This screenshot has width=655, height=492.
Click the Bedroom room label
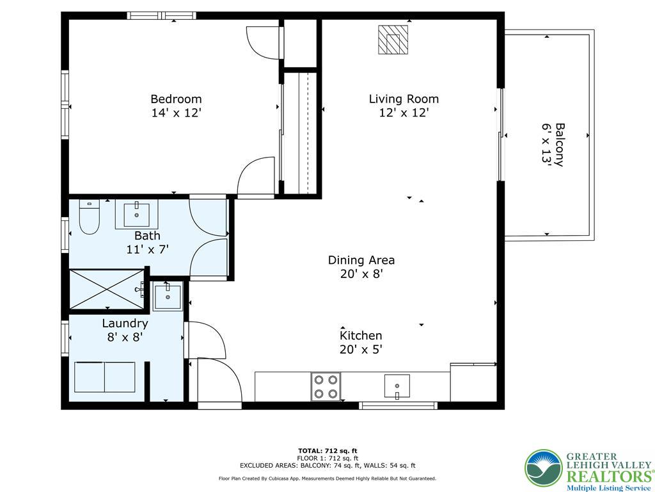pos(176,99)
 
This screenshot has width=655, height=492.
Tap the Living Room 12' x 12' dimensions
pos(404,113)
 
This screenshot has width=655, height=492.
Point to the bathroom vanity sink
pos(136,215)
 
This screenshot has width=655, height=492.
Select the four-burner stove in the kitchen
pos(326,386)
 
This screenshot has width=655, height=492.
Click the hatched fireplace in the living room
pos(393,40)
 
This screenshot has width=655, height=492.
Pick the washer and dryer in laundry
pos(105,377)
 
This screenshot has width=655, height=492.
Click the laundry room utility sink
pos(168,296)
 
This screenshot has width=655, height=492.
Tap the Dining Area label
pos(361,260)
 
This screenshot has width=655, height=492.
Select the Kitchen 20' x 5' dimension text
pos(361,350)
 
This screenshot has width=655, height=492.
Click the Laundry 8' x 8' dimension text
pos(125,337)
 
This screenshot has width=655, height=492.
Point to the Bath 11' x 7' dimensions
pos(147,250)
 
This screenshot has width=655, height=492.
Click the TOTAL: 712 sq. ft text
pos(327,450)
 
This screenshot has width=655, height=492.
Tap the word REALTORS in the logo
pos(607,477)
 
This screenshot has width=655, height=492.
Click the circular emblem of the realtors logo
pos(544,468)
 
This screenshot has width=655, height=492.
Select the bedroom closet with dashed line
pos(299,133)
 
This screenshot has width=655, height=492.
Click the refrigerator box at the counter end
pos(473,383)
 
